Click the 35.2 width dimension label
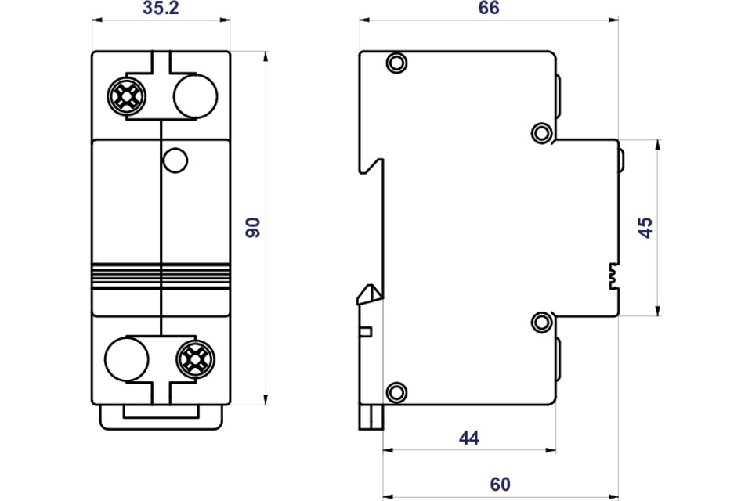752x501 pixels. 161,9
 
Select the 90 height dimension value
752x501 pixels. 252,228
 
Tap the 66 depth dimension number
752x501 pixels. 489,9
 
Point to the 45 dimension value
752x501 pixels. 645,228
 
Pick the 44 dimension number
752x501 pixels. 468,438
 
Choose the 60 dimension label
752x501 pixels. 500,485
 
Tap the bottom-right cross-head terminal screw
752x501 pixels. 195,359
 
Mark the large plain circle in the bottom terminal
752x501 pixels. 126,359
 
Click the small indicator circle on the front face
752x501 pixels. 175,160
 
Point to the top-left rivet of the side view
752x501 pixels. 397,63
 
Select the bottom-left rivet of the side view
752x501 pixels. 397,392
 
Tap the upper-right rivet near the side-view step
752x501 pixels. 541,132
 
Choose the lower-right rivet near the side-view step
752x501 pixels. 541,322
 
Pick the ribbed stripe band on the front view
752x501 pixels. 161,276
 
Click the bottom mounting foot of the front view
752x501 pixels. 161,417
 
